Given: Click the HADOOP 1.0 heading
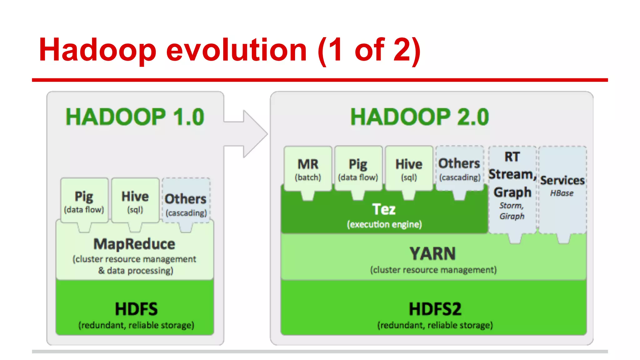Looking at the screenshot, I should click(x=135, y=117).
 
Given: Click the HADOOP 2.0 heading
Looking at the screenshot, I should click(x=419, y=117).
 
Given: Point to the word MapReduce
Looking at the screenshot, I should click(x=134, y=244).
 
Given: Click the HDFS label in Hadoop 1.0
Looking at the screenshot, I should click(x=136, y=309).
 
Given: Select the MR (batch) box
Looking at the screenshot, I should click(x=308, y=169).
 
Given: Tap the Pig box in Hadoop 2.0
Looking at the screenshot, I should click(x=358, y=169).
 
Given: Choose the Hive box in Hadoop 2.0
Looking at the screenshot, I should click(x=409, y=169).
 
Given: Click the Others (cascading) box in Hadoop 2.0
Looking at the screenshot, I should click(x=459, y=169).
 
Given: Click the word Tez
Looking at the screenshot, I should click(x=384, y=209).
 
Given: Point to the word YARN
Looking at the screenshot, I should click(x=433, y=253).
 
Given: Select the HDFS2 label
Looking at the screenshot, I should click(x=435, y=309).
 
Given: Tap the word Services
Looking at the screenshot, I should click(x=562, y=180).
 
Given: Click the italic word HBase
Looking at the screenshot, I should click(x=562, y=193).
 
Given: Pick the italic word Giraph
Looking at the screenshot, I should click(x=512, y=216).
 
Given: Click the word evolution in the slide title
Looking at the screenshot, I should click(x=237, y=50).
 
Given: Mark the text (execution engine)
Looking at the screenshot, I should click(x=384, y=224).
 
